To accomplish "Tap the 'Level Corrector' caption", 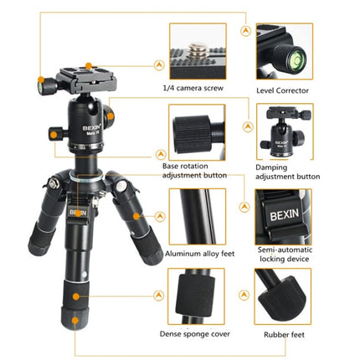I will pos(284,89).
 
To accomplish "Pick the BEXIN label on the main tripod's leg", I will pos(79,213).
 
